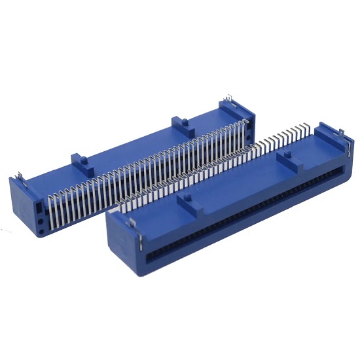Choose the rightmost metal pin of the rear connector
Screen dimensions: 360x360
tap(247, 124)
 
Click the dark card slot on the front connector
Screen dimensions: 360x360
tap(249, 209)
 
